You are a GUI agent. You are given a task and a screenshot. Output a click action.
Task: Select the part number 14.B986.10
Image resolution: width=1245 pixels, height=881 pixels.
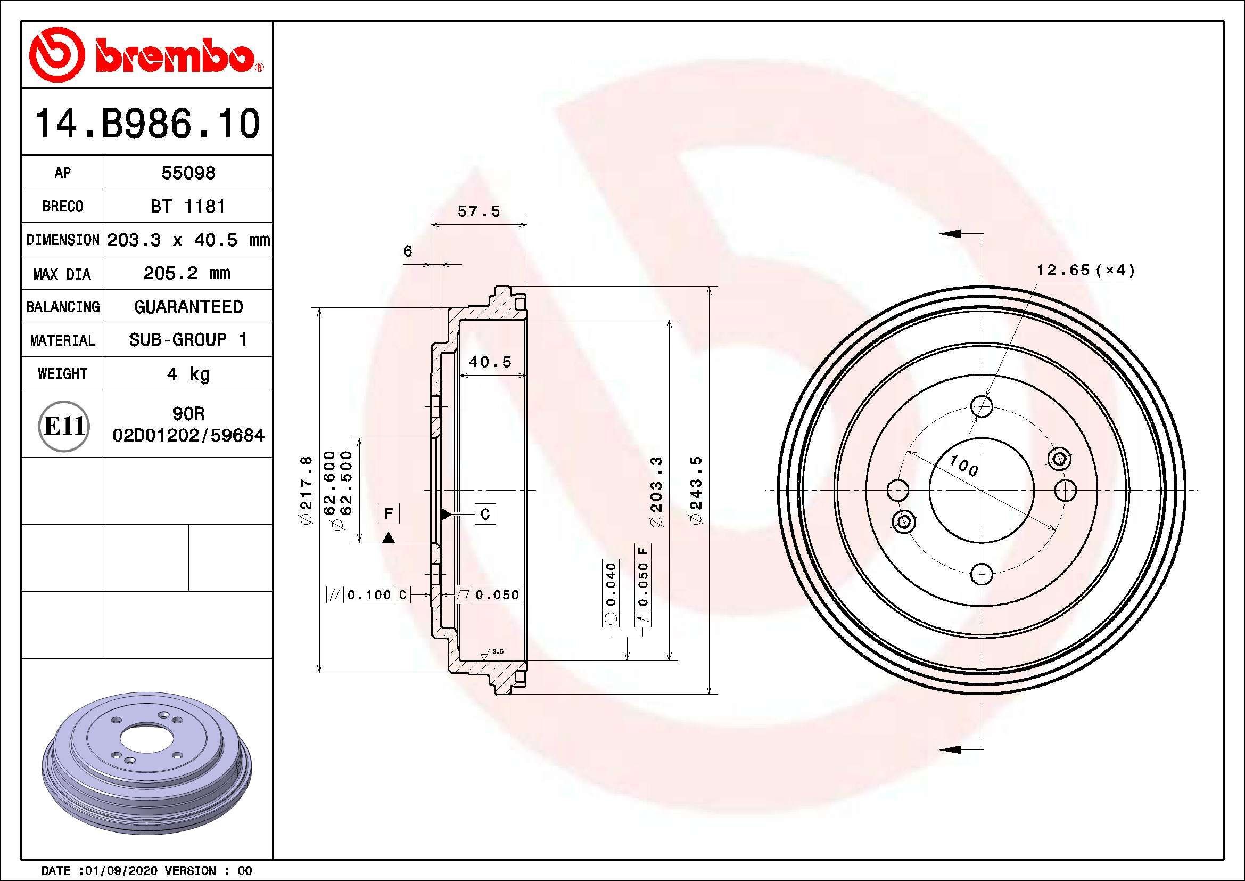[147, 124]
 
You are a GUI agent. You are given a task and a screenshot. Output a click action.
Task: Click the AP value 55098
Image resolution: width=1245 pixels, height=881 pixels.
[188, 173]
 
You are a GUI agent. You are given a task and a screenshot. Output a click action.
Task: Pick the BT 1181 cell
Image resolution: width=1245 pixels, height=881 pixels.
[187, 207]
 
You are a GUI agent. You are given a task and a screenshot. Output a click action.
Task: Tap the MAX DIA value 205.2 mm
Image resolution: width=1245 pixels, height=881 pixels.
[187, 273]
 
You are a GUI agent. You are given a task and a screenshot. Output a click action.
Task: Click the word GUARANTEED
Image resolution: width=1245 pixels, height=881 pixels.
[188, 307]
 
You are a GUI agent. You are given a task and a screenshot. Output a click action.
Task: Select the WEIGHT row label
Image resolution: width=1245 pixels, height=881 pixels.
[62, 374]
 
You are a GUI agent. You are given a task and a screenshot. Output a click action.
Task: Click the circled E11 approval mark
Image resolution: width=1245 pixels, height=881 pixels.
[64, 427]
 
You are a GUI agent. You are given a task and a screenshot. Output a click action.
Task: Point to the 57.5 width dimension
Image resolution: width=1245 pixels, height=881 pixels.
[479, 211]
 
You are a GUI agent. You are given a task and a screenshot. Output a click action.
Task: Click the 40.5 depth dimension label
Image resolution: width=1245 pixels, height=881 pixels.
[490, 362]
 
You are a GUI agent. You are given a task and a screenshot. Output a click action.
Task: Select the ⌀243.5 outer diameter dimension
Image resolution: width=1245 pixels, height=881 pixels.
[696, 490]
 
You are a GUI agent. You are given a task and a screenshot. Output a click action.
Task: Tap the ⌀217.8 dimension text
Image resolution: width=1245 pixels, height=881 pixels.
[307, 490]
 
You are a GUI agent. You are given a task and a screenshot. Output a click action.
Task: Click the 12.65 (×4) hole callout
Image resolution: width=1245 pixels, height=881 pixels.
[1085, 270]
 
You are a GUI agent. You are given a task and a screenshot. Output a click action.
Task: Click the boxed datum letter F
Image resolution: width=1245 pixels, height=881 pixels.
[388, 513]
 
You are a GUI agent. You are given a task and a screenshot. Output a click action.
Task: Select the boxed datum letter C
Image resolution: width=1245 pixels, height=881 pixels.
[485, 513]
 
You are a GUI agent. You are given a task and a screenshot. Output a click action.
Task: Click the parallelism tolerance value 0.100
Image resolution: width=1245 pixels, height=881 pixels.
[369, 595]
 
